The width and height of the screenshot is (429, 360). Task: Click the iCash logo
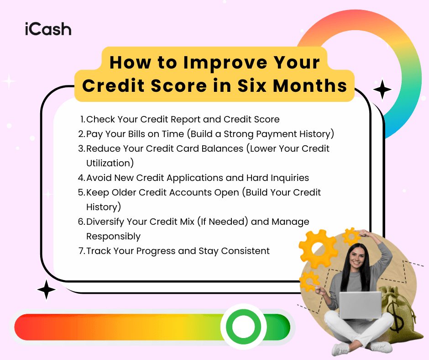48,29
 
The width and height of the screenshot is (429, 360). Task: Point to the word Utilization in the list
110,163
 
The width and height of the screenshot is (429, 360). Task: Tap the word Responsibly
113,236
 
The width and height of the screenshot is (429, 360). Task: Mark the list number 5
81,192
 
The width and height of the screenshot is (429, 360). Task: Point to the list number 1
82,119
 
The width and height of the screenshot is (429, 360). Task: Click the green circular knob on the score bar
243,327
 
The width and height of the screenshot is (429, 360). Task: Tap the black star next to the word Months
382,90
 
